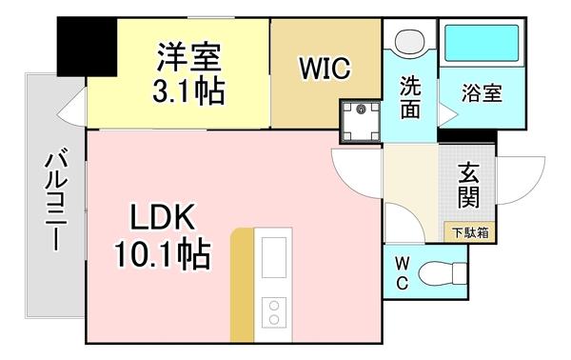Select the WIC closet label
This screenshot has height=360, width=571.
tap(325, 70)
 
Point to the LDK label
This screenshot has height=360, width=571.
tap(163, 220)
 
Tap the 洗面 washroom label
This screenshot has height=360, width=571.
tap(410, 97)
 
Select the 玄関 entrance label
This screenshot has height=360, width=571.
tap(468, 186)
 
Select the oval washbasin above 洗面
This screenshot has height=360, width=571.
tap(410, 42)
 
